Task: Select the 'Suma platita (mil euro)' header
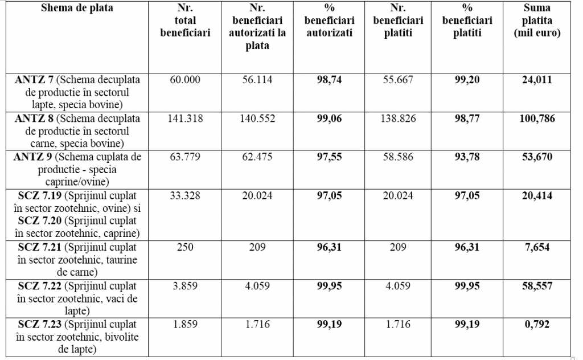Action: pyautogui.click(x=537, y=21)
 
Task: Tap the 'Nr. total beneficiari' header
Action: pyautogui.click(x=185, y=21)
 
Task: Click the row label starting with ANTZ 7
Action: pyautogui.click(x=77, y=92)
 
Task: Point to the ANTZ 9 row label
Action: pyautogui.click(x=77, y=169)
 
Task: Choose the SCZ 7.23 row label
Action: pyautogui.click(x=77, y=337)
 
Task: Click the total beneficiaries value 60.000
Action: pyautogui.click(x=185, y=80)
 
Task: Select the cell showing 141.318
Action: pyautogui.click(x=185, y=118)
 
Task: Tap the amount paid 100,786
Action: pyautogui.click(x=537, y=118)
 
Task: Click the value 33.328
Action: pyautogui.click(x=185, y=196)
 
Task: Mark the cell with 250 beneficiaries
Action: pyautogui.click(x=185, y=247)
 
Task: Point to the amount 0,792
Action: pyautogui.click(x=537, y=324)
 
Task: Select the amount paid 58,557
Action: pyautogui.click(x=537, y=286)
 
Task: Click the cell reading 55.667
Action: pyautogui.click(x=398, y=80)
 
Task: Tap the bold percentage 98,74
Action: pyautogui.click(x=330, y=80)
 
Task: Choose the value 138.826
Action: pyautogui.click(x=398, y=118)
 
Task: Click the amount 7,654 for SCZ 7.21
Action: pyautogui.click(x=537, y=247)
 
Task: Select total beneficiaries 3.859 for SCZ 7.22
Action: pyautogui.click(x=185, y=286)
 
